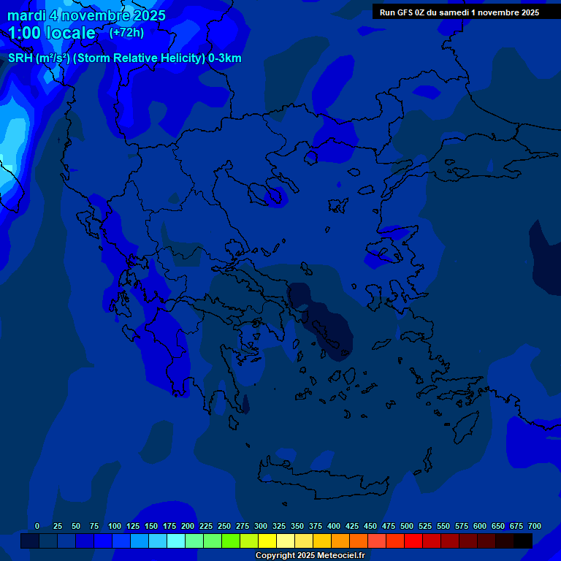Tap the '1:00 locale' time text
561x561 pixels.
click(x=52, y=33)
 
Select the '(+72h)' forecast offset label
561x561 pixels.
click(x=127, y=33)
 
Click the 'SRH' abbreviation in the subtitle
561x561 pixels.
click(x=20, y=58)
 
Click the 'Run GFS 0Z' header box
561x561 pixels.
click(x=459, y=12)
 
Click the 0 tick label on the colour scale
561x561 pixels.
click(x=37, y=527)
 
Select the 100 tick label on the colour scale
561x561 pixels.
click(x=114, y=527)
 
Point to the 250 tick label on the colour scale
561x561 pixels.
click(x=224, y=527)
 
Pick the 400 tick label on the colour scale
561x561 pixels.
click(x=334, y=527)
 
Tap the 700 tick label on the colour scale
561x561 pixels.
click(x=534, y=527)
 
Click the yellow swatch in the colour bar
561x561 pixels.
click(x=267, y=541)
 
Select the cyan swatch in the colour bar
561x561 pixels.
click(x=175, y=541)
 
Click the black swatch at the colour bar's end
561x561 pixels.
click(x=522, y=541)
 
